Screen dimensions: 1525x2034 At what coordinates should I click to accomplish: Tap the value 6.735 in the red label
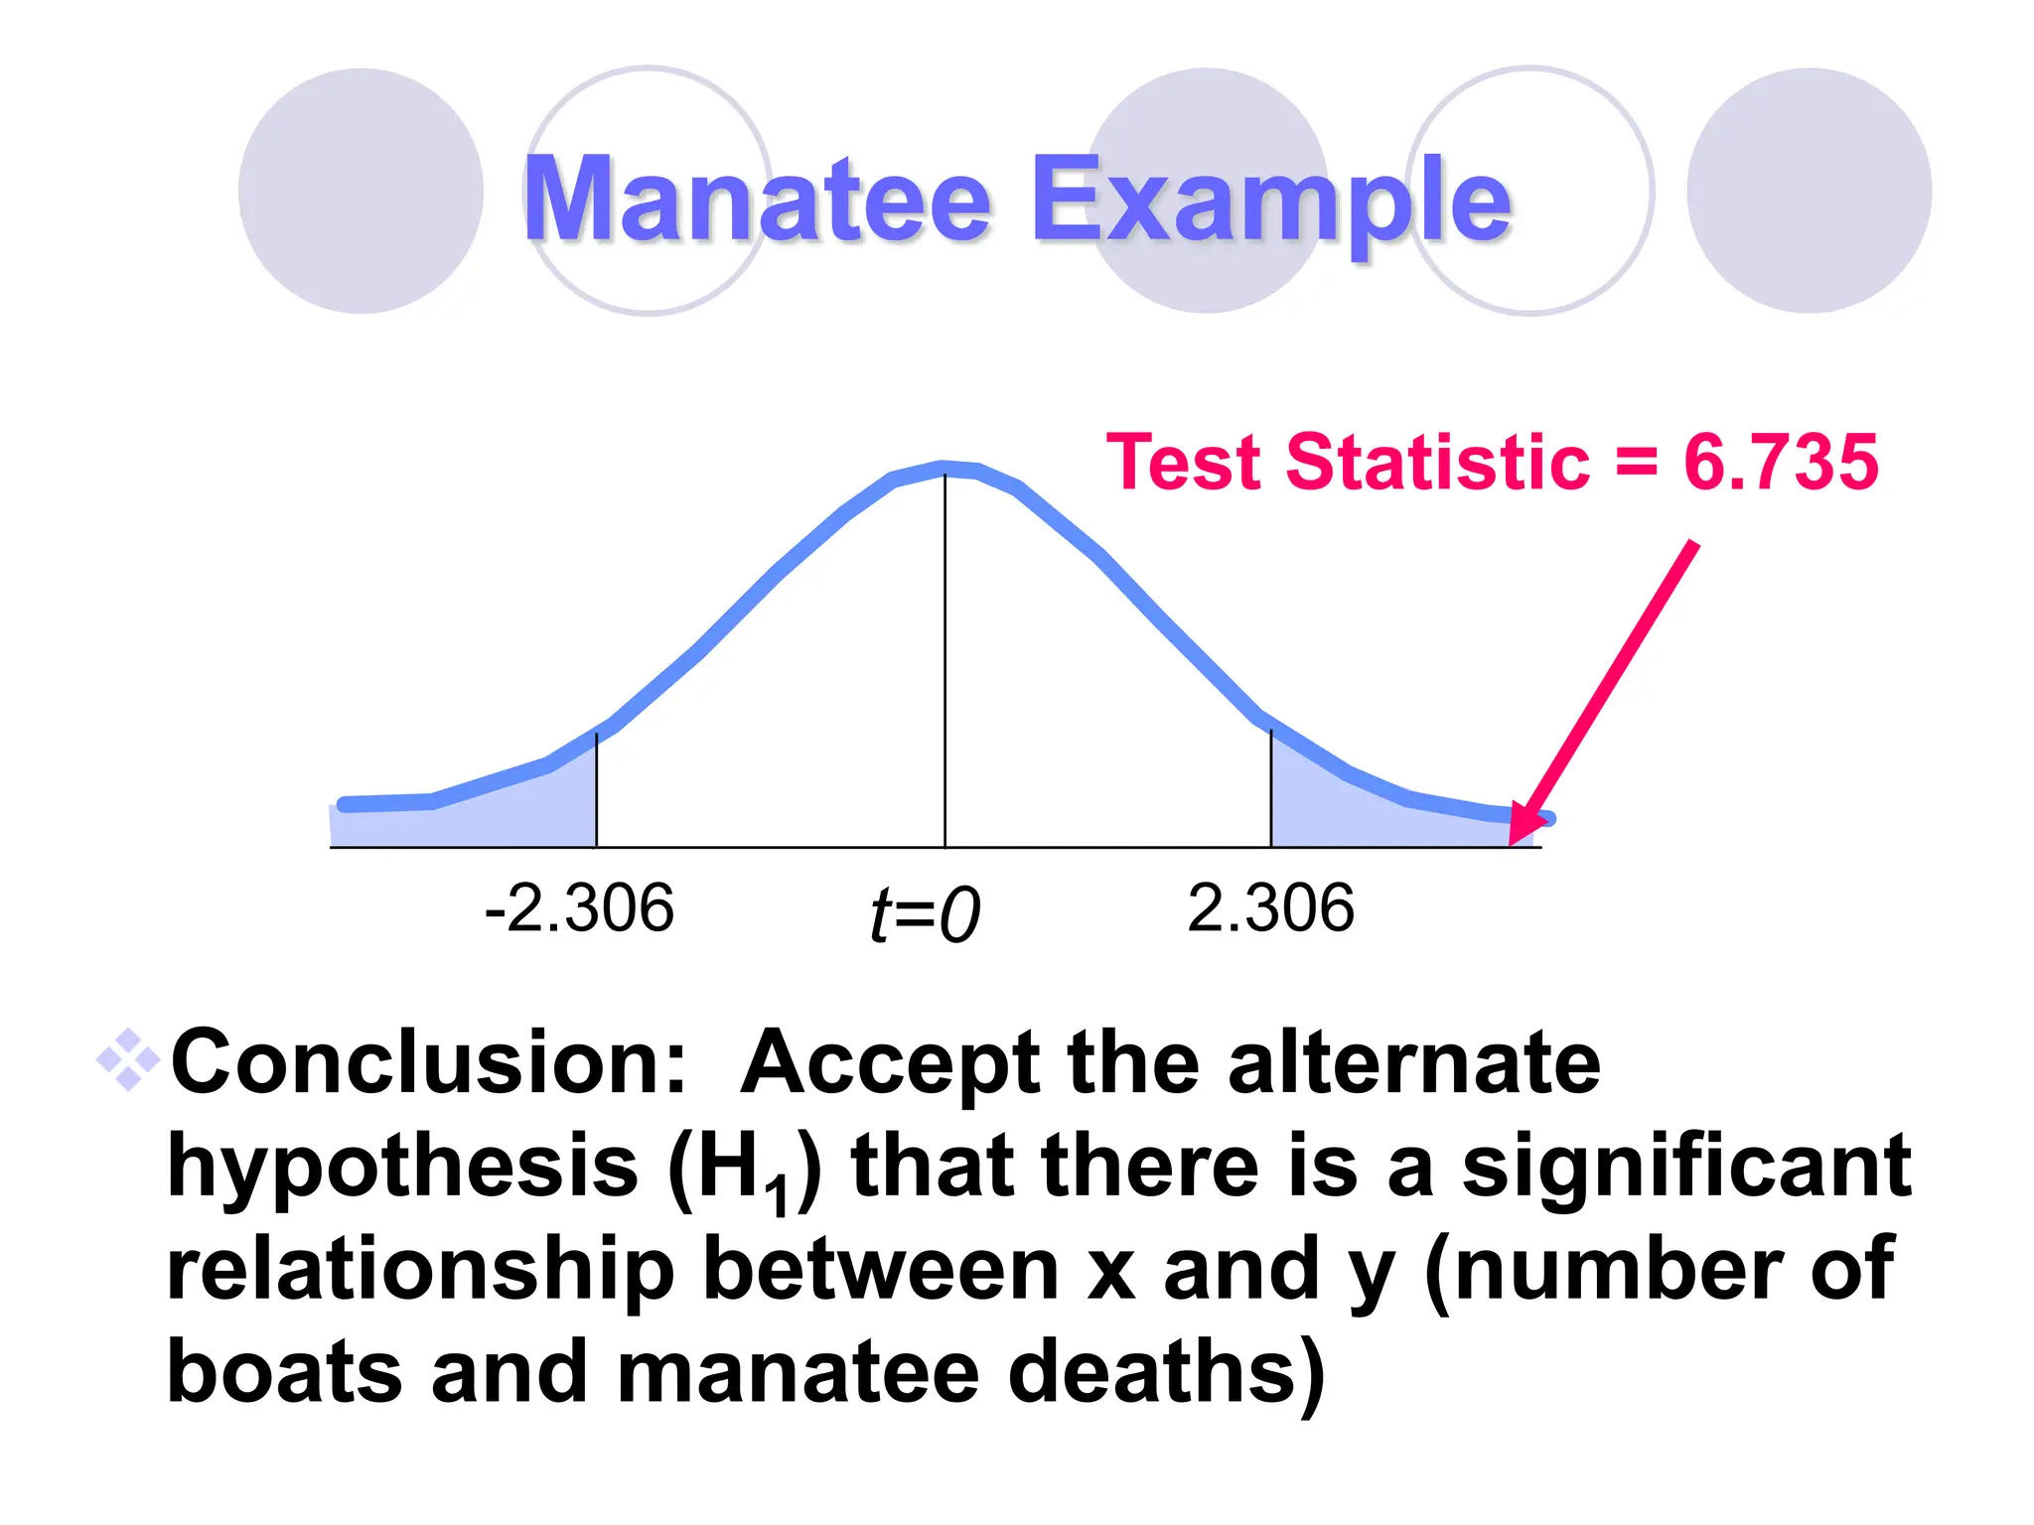point(1780,463)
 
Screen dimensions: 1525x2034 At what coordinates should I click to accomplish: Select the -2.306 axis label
point(579,908)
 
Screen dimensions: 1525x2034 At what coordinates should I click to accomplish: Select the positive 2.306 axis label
point(1270,908)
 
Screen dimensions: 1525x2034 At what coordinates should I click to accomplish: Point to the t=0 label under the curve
point(925,914)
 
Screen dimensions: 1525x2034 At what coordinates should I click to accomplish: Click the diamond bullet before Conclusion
point(128,1060)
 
